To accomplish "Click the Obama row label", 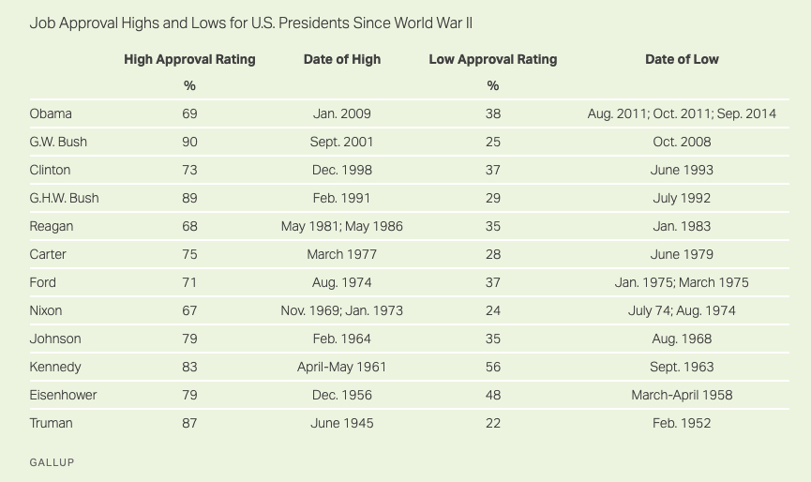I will (51, 113).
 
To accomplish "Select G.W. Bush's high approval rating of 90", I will (189, 142).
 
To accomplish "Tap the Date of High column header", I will (342, 59).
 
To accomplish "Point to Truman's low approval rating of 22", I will (493, 423).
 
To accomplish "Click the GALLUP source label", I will (52, 462).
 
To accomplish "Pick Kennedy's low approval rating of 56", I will (493, 367).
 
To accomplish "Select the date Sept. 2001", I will (342, 142).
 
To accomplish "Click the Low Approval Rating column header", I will (493, 59).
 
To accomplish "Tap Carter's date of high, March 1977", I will (342, 254).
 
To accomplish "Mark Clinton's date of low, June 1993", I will (682, 170).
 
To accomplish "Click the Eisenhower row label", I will (63, 395).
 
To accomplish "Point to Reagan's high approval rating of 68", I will (189, 226).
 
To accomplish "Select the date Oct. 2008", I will (682, 142).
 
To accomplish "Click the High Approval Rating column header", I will (189, 59).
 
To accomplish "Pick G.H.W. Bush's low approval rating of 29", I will (493, 198).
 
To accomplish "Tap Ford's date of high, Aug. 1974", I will (342, 282).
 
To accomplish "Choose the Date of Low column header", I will (682, 59).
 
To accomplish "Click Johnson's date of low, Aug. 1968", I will (682, 339).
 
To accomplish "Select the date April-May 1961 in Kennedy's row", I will (342, 367).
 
